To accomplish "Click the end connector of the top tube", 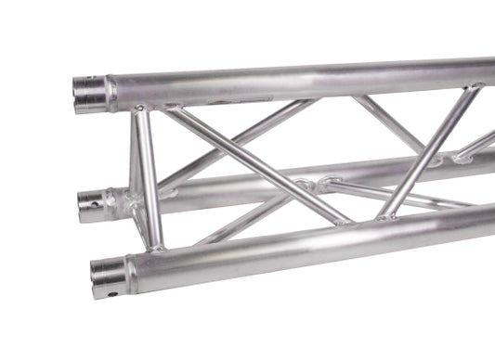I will click(x=90, y=94).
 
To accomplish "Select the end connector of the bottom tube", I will click(x=108, y=276).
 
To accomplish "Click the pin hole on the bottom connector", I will click(x=112, y=294).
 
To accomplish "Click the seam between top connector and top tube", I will click(x=111, y=93).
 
